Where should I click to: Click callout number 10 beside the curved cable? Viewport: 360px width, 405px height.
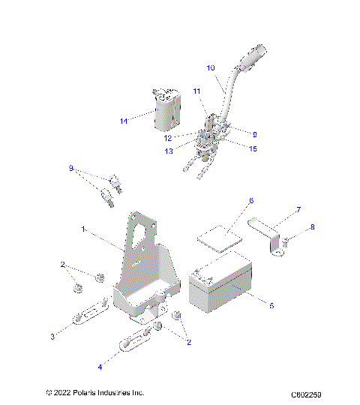click(x=211, y=68)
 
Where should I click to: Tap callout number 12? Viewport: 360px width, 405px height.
click(x=189, y=138)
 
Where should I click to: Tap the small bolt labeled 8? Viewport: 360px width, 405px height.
click(x=287, y=241)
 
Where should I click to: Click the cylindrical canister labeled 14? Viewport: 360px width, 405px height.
click(x=166, y=110)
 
